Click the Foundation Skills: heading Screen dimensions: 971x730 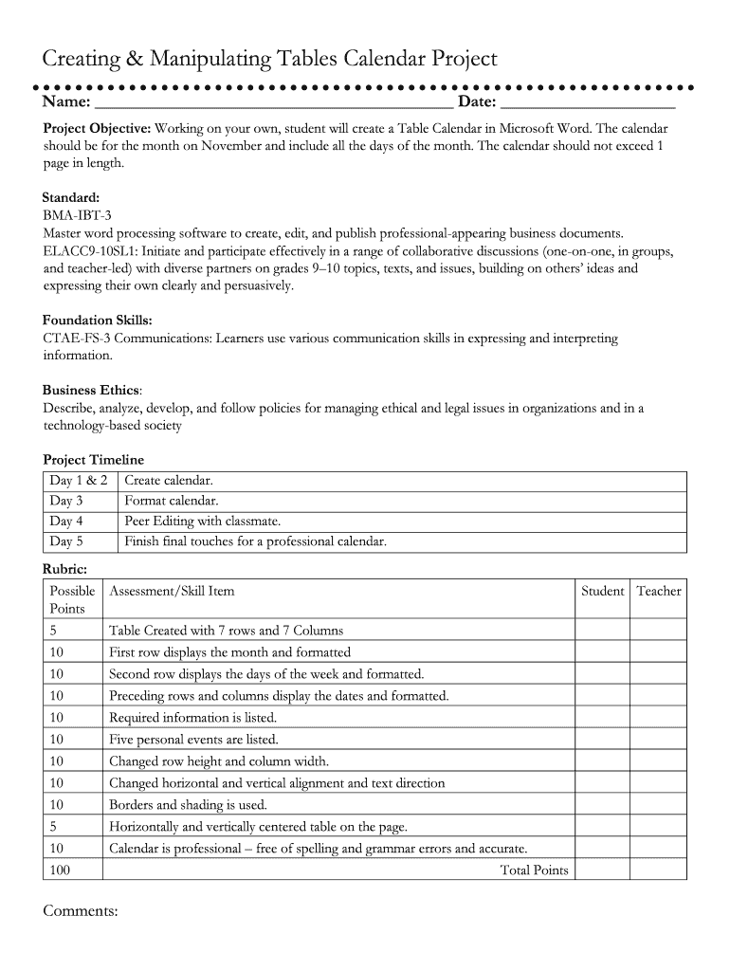97,321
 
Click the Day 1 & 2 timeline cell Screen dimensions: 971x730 79,481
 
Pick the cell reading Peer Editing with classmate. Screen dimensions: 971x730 203,522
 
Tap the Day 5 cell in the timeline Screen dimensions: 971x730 66,542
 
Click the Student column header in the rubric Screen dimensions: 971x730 602,591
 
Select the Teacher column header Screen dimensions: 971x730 658,591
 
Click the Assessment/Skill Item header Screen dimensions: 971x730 172,591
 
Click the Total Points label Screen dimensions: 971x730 534,870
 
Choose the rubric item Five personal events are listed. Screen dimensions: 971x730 193,740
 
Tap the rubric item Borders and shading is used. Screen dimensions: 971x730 188,805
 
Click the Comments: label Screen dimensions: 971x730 81,911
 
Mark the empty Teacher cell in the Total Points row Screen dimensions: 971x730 658,870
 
